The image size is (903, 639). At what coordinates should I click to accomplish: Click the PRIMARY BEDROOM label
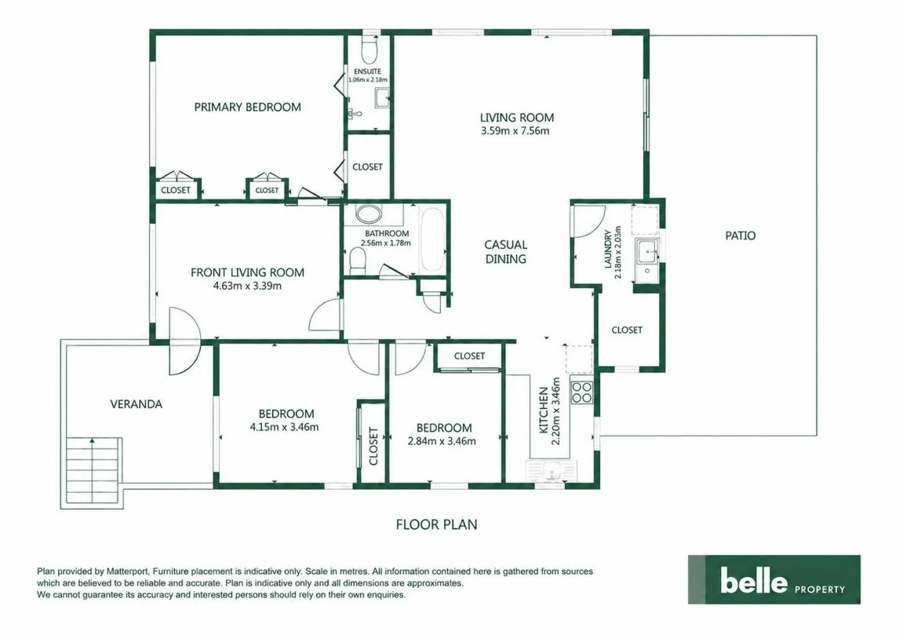247,108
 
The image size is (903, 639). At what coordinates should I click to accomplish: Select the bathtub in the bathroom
432,240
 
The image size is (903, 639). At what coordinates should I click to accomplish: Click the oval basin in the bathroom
369,214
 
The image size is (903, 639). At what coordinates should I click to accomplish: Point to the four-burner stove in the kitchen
581,393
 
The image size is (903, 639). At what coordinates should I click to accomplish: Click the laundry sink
649,253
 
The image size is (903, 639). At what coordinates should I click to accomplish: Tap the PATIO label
740,236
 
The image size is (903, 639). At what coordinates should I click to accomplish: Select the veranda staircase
93,470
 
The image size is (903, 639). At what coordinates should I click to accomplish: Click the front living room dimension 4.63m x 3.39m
247,286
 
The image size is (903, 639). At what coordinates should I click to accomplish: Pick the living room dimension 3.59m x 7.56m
515,131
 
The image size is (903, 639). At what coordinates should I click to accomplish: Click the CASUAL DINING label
506,252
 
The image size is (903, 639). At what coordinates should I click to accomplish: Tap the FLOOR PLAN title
436,524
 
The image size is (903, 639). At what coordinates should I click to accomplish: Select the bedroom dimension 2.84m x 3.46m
442,441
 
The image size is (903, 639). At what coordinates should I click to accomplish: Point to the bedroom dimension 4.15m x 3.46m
284,427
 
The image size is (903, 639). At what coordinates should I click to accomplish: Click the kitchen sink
551,471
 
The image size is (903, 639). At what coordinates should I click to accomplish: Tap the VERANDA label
136,404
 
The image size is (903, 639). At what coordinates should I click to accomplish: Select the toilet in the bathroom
358,263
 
